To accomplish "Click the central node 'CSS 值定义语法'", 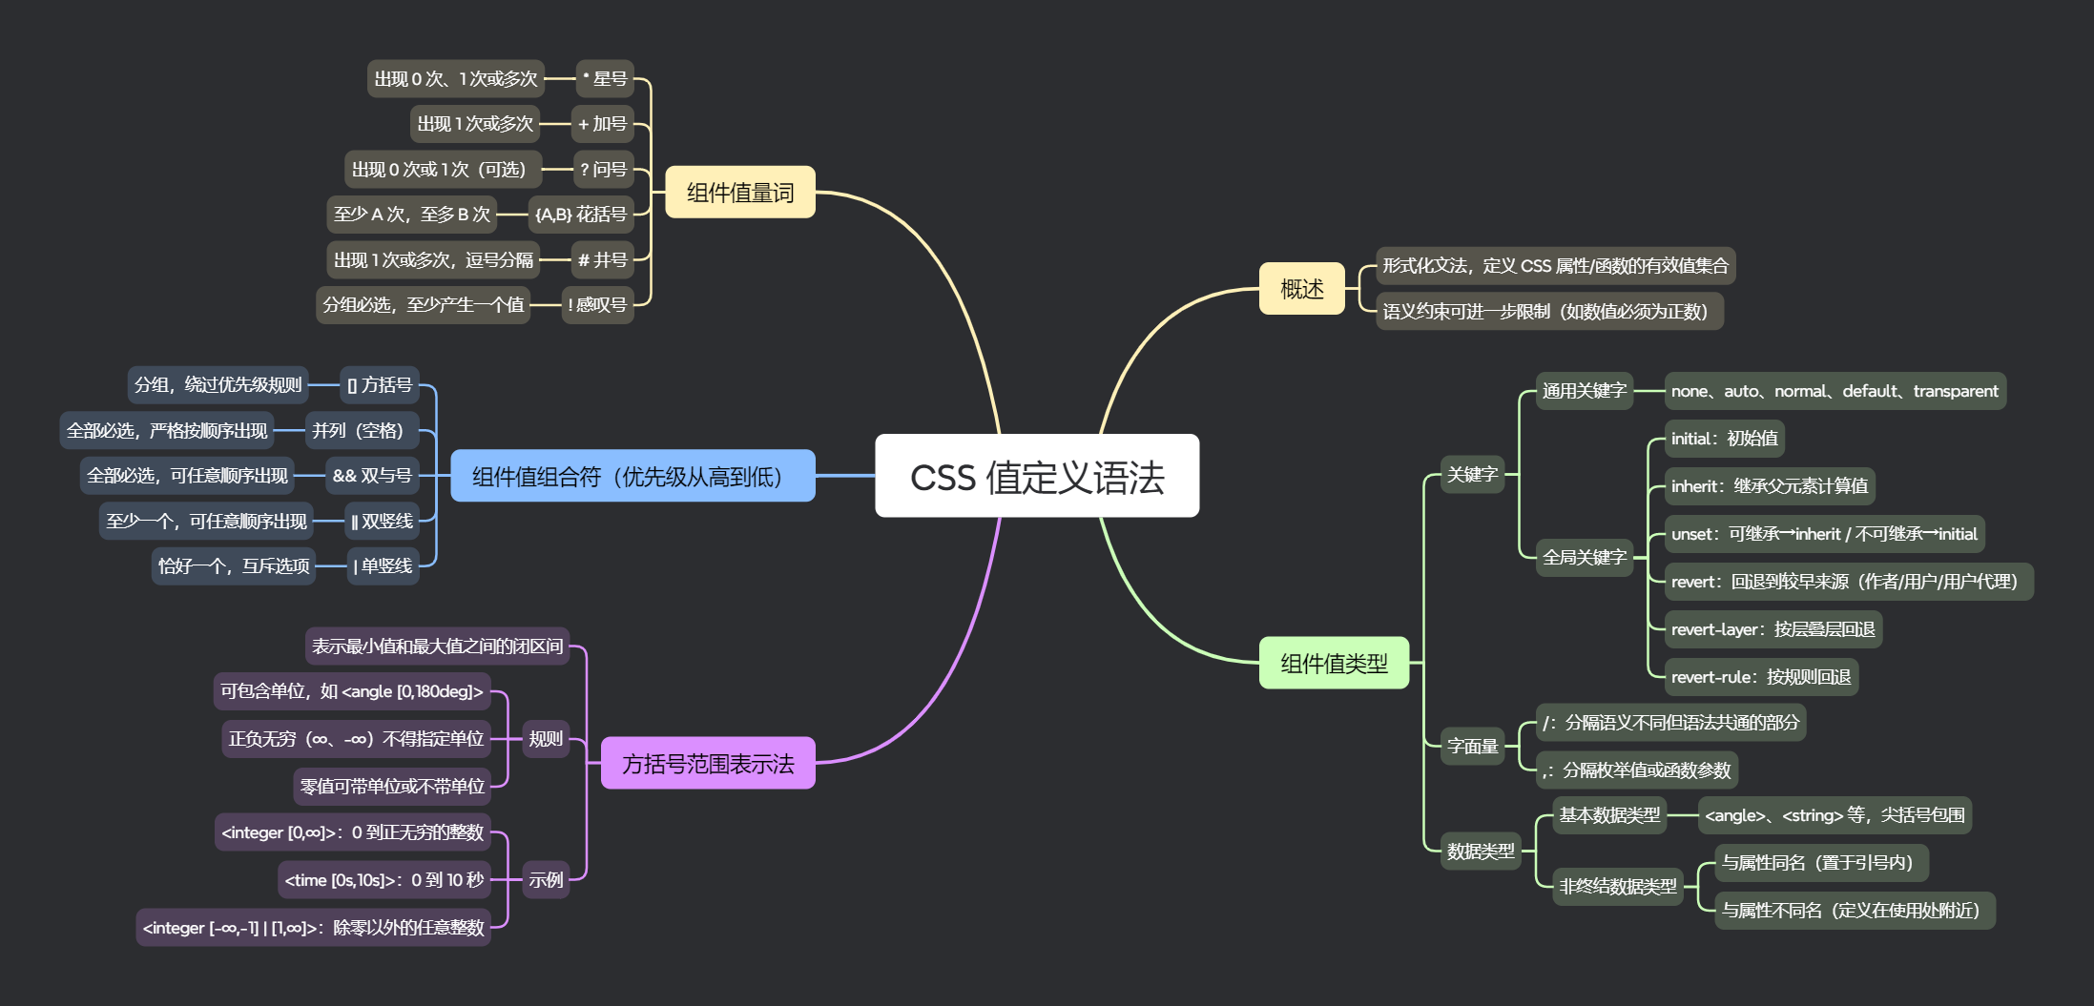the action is point(1037,476).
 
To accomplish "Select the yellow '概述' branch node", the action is point(1302,288).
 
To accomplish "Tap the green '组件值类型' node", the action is point(1334,663).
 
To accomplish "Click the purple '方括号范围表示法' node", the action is point(708,763).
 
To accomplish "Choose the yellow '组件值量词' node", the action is point(740,192).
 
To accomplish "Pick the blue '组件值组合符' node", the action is point(632,475).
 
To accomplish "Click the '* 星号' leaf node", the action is point(605,78).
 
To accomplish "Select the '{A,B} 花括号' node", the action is point(581,214).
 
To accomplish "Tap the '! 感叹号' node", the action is point(598,304).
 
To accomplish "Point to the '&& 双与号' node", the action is point(372,475).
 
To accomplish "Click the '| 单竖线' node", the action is point(384,565).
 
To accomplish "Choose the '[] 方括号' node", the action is point(380,384).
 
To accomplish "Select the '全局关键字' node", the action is point(1585,557).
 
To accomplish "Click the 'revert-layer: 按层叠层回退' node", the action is point(1773,629).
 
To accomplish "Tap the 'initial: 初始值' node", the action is point(1725,439).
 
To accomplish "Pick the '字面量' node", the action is point(1473,746).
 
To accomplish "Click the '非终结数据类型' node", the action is point(1618,887).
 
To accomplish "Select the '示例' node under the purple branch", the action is point(546,879).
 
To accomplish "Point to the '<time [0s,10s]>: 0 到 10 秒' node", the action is point(384,879).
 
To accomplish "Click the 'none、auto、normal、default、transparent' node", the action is point(1835,391).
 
